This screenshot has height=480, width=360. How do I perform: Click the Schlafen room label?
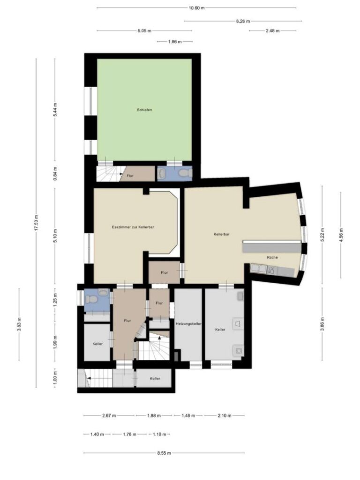point(144,110)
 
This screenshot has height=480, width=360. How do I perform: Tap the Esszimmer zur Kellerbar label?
point(134,227)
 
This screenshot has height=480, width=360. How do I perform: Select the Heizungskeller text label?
point(188,323)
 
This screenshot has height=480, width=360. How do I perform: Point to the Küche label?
point(272,257)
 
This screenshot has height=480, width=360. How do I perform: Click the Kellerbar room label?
point(221,234)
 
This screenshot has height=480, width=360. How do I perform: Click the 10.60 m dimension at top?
point(196,8)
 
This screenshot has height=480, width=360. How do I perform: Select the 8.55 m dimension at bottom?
point(164,453)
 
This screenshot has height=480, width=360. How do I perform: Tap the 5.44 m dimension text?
point(55,111)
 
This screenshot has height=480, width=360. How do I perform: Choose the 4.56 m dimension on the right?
point(341,232)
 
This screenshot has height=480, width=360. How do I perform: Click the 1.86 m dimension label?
point(174,42)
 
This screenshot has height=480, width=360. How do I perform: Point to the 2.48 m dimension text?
point(272,31)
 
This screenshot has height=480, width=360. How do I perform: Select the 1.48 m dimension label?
point(188,415)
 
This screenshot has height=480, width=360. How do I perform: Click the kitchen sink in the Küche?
point(258,269)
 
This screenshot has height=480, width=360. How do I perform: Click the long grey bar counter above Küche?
point(271,247)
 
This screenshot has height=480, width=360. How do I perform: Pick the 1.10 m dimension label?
point(160,434)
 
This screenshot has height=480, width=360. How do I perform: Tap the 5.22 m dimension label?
point(322,234)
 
